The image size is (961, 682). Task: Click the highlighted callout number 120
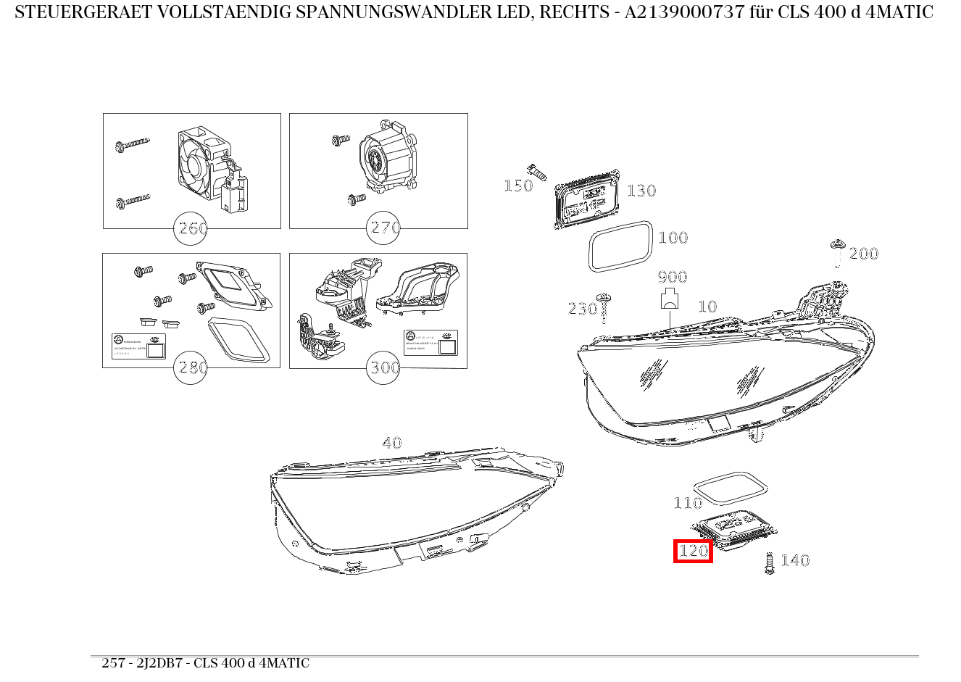tap(693, 552)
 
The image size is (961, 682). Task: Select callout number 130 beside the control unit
tap(641, 191)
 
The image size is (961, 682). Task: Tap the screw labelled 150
tap(536, 172)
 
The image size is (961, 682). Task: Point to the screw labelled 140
tap(770, 563)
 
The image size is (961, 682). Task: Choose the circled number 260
tap(192, 228)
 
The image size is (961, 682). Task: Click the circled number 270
tap(384, 228)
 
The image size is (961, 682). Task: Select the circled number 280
tap(192, 367)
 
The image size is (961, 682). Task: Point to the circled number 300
tap(384, 367)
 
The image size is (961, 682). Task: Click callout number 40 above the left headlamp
tap(391, 443)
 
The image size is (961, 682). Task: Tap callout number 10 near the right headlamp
tap(707, 307)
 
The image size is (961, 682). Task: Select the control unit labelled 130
tap(588, 202)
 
